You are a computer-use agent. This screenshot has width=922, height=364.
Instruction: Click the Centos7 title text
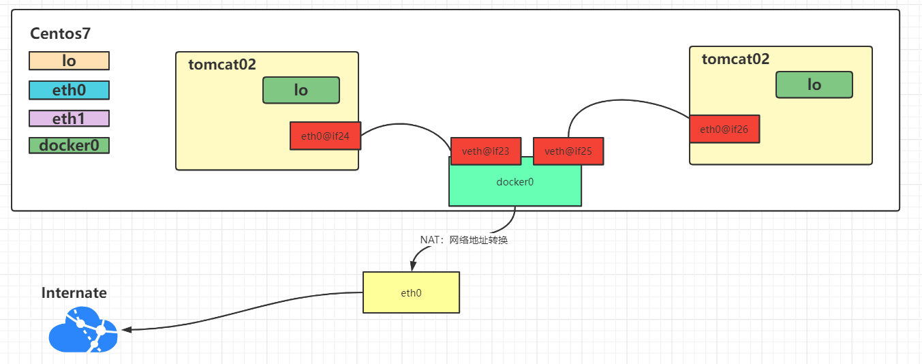[x=60, y=33]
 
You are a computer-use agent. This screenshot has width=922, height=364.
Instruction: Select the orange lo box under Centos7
[x=69, y=61]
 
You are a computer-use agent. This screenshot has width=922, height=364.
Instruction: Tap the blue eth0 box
[x=69, y=89]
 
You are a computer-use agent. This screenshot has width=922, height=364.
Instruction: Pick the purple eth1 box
[x=69, y=118]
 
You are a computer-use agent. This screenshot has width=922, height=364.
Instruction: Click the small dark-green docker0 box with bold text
[x=69, y=145]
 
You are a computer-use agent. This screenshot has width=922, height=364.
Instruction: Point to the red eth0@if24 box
[x=325, y=136]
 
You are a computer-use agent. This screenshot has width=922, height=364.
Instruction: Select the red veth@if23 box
[x=485, y=151]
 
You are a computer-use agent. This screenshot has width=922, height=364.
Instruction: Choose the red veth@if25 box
[x=568, y=151]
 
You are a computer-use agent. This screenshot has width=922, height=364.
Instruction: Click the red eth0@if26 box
[x=724, y=129]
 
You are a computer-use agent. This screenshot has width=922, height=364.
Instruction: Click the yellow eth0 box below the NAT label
[x=411, y=292]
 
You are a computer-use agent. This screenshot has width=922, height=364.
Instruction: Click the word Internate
[x=74, y=292]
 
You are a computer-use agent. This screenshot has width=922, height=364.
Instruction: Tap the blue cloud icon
[x=82, y=330]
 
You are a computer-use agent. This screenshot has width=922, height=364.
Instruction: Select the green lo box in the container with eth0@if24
[x=301, y=90]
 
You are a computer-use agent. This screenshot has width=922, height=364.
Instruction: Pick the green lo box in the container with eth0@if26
[x=814, y=85]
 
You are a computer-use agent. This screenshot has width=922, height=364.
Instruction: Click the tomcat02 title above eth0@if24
[x=222, y=64]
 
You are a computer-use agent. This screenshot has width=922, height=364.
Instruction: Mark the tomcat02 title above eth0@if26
[x=735, y=59]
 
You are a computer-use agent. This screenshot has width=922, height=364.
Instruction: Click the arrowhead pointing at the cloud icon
[x=125, y=330]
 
